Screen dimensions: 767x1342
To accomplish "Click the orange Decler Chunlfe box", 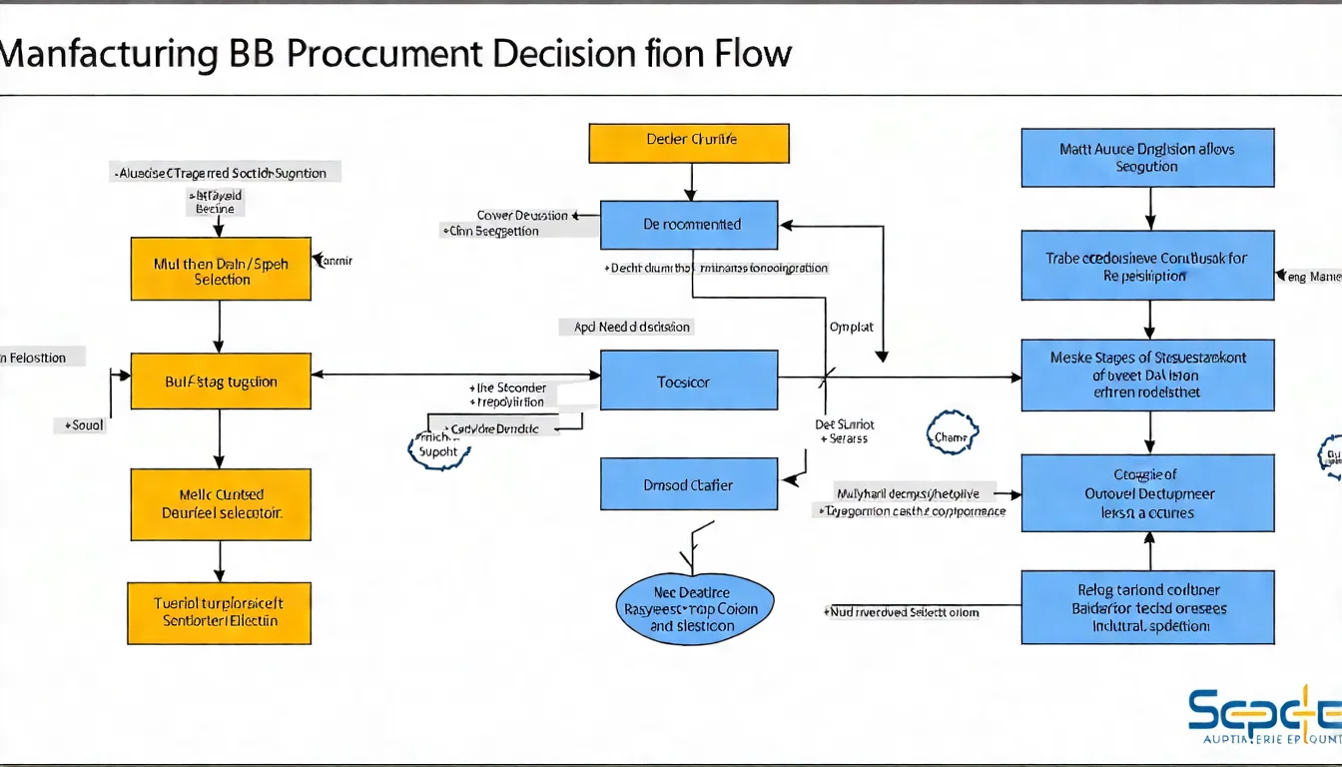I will [x=689, y=143].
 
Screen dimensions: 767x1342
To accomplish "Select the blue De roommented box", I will [x=689, y=225].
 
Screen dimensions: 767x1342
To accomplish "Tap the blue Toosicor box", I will [x=689, y=380].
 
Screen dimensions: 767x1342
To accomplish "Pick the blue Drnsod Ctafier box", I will [x=689, y=484].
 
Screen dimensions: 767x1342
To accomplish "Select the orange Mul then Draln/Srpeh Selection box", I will [x=221, y=269].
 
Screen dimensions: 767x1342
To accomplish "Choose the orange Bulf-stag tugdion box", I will [x=221, y=381].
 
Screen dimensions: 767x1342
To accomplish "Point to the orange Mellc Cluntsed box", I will [x=221, y=504].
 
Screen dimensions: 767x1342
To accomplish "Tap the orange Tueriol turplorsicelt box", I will [x=220, y=611].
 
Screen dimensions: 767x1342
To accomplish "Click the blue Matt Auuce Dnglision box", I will [x=1147, y=158].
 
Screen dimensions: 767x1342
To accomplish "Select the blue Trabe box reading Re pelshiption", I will [x=1147, y=266].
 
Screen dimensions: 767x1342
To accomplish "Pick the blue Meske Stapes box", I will [x=1147, y=375].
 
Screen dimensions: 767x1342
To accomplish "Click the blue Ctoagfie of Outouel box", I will [x=1147, y=493].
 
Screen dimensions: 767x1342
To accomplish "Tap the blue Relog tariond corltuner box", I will [x=1147, y=607].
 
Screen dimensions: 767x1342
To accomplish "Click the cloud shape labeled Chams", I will [x=953, y=434].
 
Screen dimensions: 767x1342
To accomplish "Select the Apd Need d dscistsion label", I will [x=631, y=327].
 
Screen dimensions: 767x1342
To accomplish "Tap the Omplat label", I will [x=852, y=327].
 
